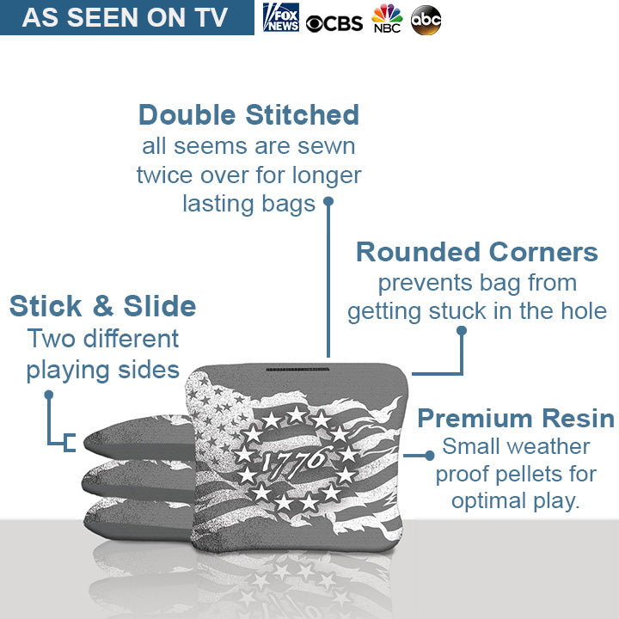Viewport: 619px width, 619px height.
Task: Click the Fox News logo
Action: click(x=281, y=17)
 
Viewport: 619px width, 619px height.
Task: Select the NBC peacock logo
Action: click(x=387, y=18)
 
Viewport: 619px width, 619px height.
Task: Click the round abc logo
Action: click(x=426, y=19)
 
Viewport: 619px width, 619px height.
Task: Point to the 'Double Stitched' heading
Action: click(x=248, y=114)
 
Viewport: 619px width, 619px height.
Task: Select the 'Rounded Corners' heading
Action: click(x=476, y=252)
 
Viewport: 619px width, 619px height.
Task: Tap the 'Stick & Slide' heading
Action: click(x=102, y=306)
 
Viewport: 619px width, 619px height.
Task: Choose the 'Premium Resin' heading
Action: click(x=516, y=419)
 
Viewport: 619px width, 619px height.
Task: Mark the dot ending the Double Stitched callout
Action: click(x=328, y=203)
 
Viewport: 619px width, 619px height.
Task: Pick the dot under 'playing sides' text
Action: click(x=49, y=395)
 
